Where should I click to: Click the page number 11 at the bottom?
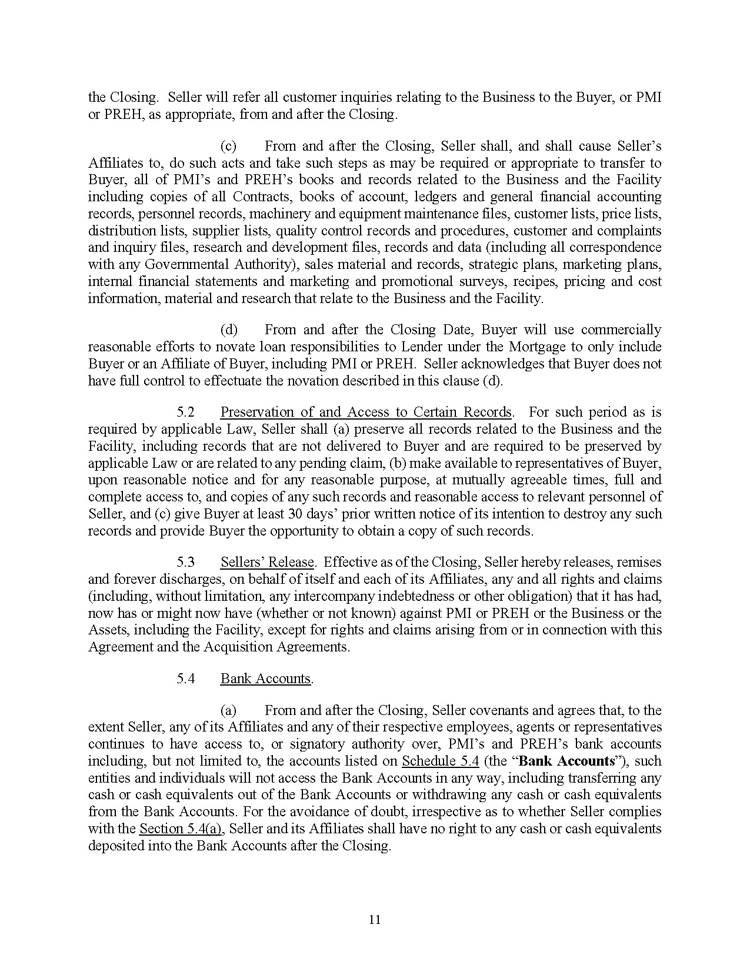coord(375,919)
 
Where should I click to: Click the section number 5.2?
coord(185,412)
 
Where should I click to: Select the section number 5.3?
coord(185,562)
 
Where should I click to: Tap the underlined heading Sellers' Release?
coord(267,562)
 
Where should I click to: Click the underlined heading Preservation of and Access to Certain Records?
coord(366,412)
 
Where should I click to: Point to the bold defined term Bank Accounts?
coord(567,761)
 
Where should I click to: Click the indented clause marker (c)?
coord(228,146)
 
